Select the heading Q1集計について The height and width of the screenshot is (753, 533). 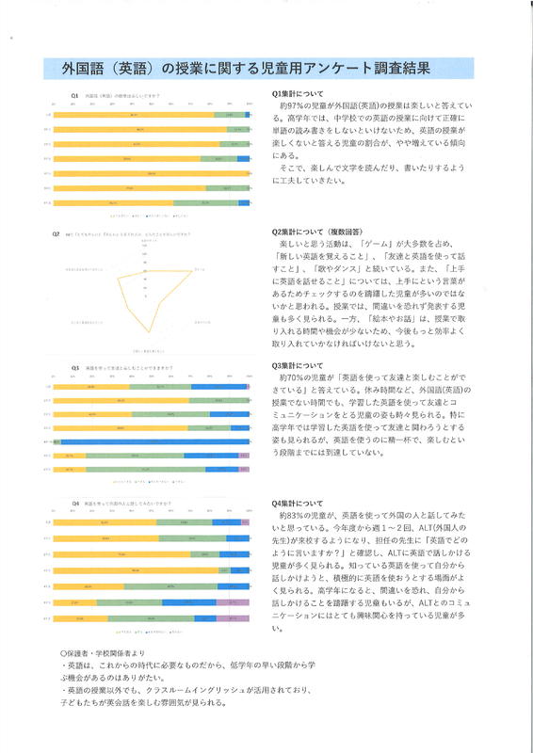(x=298, y=93)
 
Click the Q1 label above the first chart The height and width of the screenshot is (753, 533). (x=74, y=95)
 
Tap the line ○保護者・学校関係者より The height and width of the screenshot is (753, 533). (x=104, y=653)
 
